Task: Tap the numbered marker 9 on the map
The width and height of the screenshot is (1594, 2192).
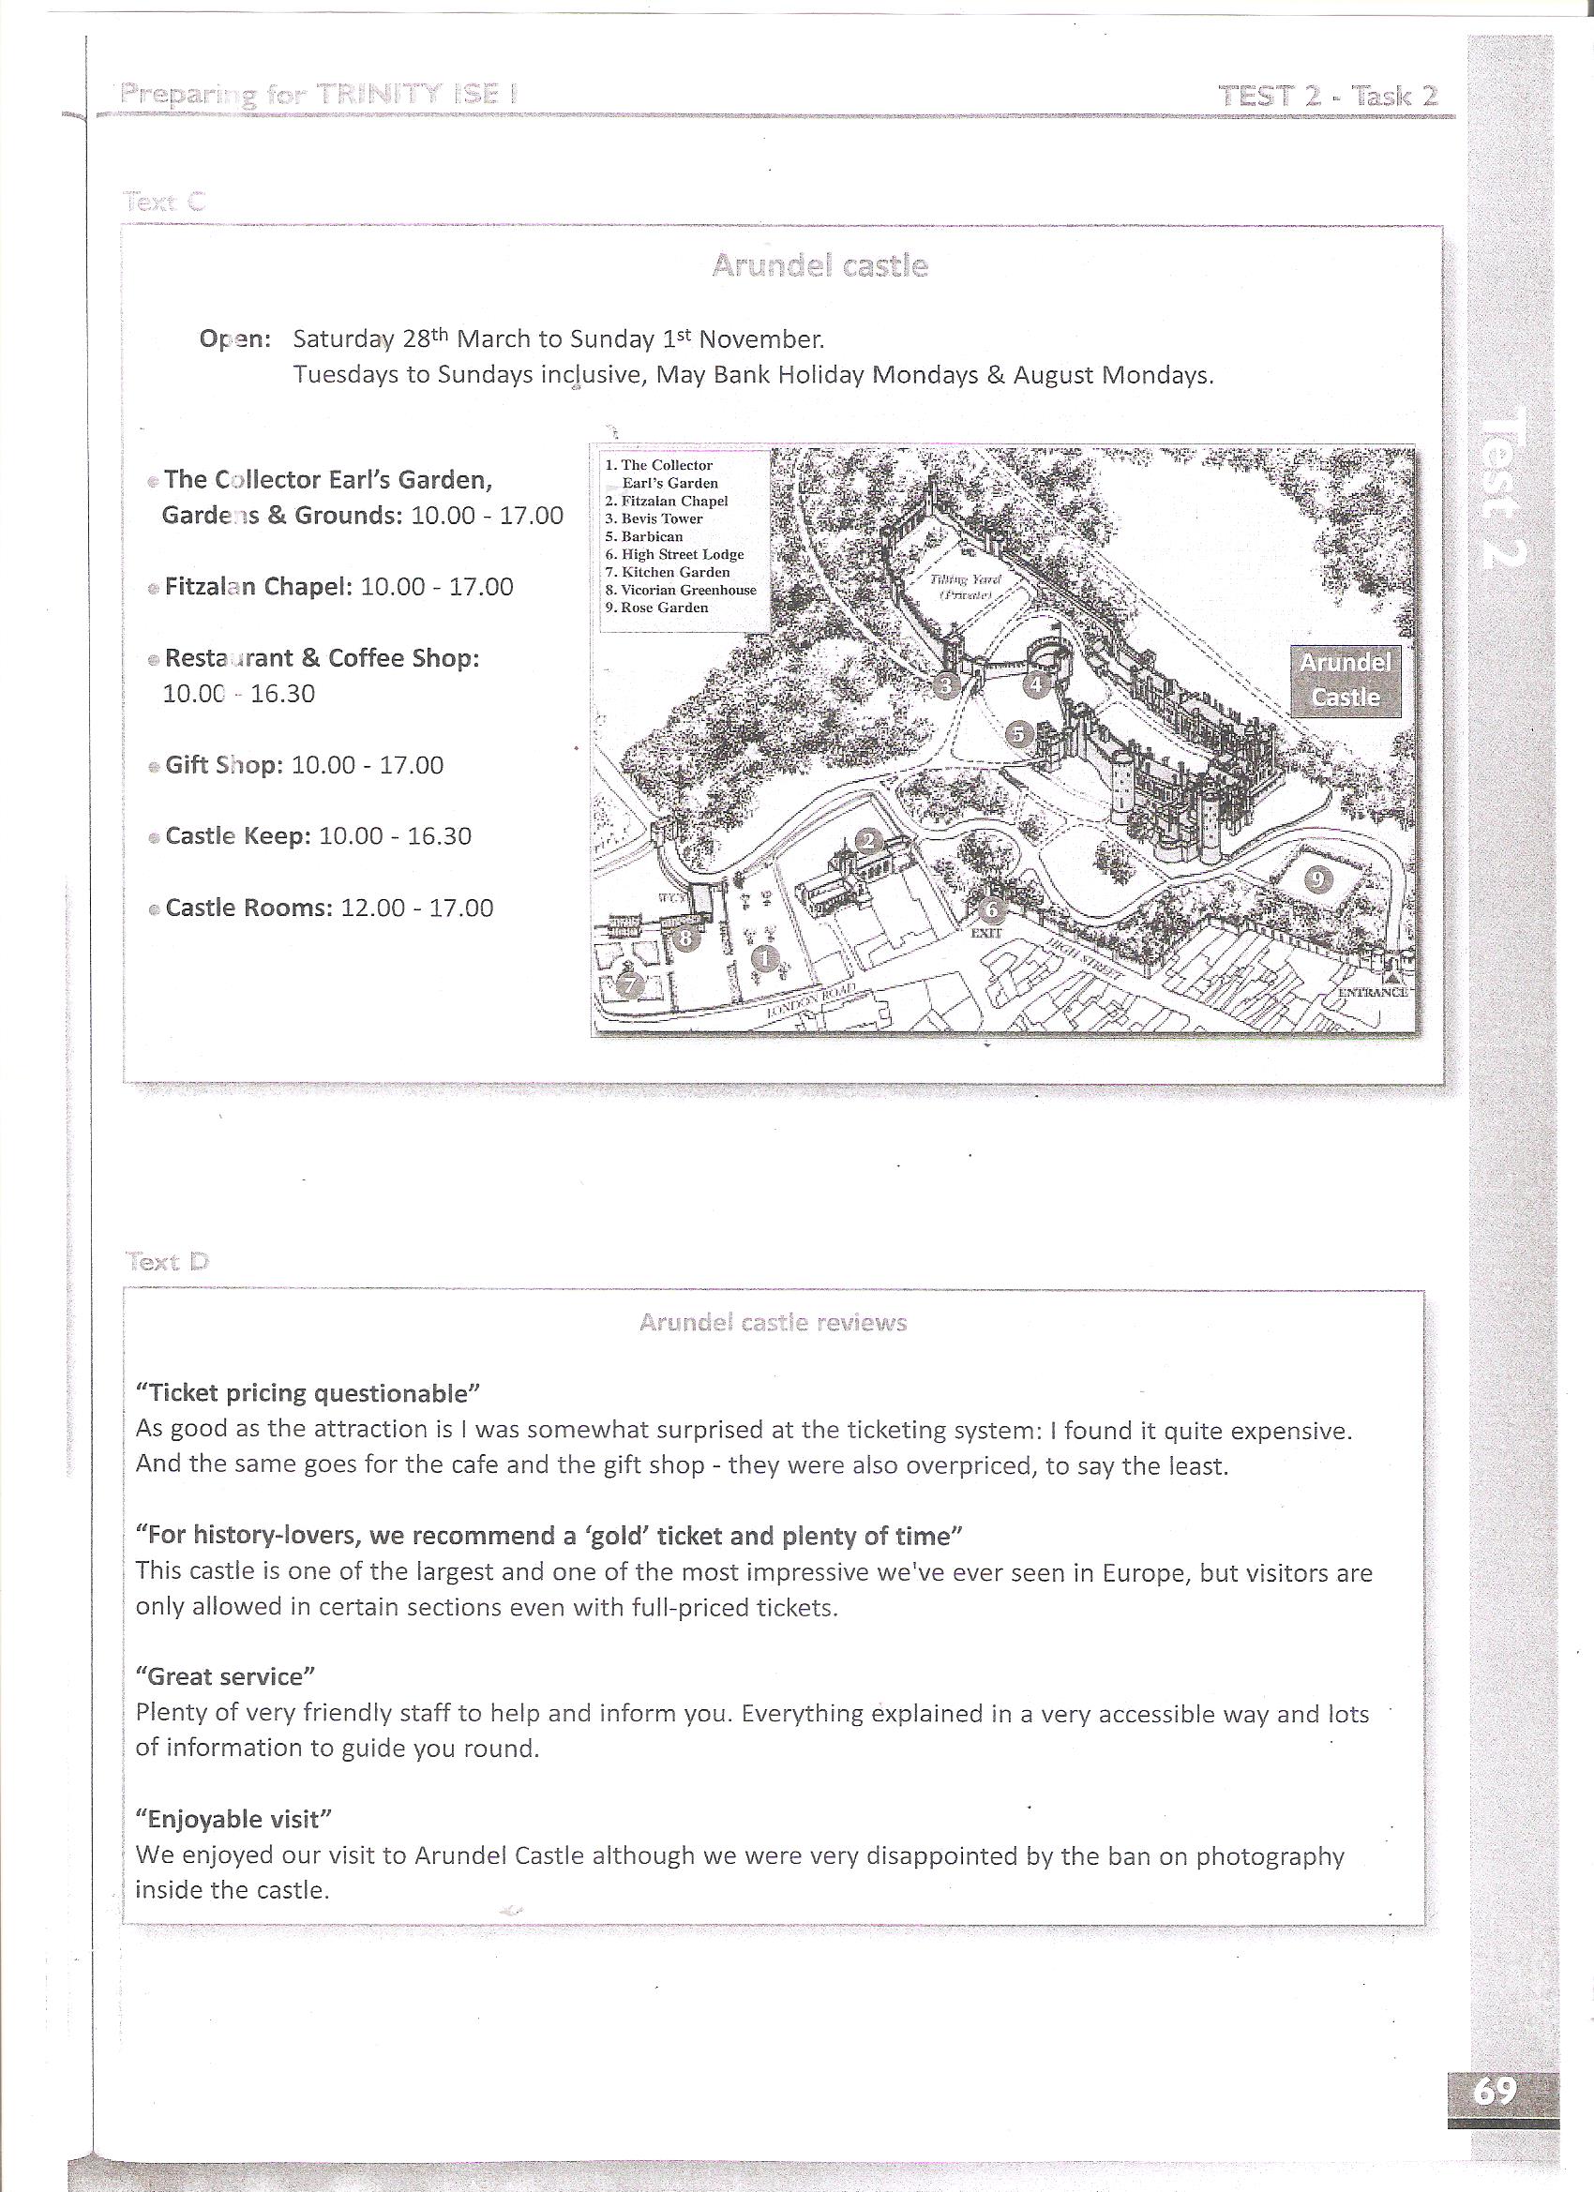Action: [1319, 878]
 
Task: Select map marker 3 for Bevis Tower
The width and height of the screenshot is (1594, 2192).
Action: [946, 685]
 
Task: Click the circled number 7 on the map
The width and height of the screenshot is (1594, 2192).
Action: [630, 984]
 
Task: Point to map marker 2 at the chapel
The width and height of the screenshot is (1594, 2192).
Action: [868, 840]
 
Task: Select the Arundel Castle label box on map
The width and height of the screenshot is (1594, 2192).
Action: [1345, 680]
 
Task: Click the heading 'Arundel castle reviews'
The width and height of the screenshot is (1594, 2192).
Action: [773, 1322]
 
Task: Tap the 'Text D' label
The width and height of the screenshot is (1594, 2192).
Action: [166, 1261]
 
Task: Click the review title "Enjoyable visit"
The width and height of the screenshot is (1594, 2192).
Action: [233, 1819]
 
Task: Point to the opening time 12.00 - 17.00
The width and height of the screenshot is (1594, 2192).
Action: [416, 908]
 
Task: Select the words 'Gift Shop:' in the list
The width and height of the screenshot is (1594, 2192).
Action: [224, 765]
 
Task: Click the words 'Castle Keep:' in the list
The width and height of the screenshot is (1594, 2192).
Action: [238, 836]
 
